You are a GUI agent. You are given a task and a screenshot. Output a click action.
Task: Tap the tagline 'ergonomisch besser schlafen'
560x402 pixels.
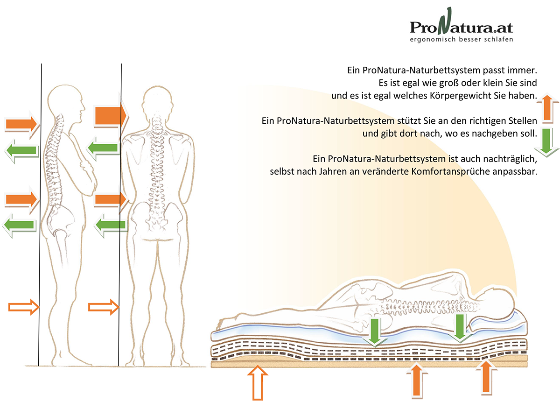[461, 40]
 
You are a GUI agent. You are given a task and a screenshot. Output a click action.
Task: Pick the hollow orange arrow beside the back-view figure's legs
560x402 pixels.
[104, 307]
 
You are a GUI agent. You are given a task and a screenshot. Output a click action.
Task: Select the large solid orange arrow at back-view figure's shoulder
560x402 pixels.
[110, 115]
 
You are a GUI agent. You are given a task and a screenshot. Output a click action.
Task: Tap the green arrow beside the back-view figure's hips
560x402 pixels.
[111, 226]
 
